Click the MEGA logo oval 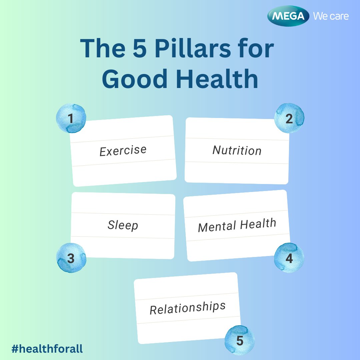click(x=289, y=16)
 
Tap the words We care click(x=331, y=16)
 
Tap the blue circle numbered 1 click(x=71, y=118)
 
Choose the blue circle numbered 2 click(x=289, y=118)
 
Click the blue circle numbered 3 click(x=71, y=258)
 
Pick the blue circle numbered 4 click(x=289, y=258)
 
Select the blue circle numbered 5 click(x=240, y=340)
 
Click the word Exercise click(x=123, y=151)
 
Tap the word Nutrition click(x=237, y=150)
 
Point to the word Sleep click(x=123, y=225)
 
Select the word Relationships click(x=188, y=308)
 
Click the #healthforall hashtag click(x=47, y=349)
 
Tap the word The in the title click(x=99, y=49)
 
